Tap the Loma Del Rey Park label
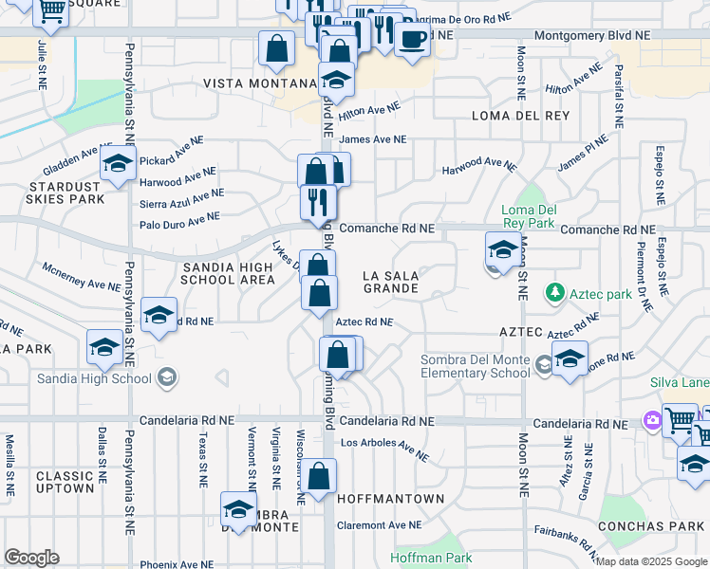[529, 216]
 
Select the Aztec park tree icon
[554, 294]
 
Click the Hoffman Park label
[431, 559]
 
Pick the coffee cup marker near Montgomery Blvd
[412, 39]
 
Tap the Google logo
[31, 558]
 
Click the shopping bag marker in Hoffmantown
[321, 476]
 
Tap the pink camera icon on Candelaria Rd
[653, 419]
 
